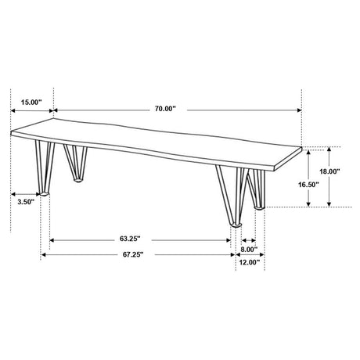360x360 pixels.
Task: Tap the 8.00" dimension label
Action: pos(249,250)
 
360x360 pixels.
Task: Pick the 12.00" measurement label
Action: pos(249,263)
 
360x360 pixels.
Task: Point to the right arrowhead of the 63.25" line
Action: pos(232,239)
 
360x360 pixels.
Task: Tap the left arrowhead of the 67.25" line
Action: pos(44,255)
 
